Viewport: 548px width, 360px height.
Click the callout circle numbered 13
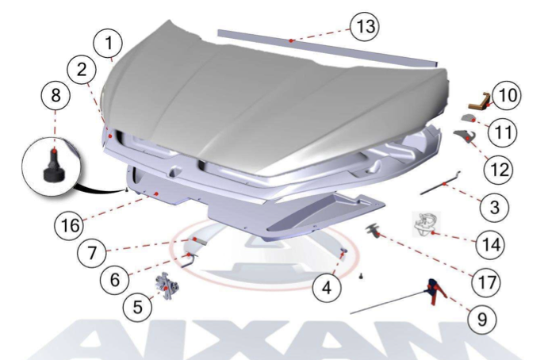[365, 26]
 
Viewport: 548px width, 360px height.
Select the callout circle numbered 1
[109, 43]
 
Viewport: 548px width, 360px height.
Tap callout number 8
[56, 95]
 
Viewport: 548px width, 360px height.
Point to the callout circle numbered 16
[69, 225]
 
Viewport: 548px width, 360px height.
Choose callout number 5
[138, 307]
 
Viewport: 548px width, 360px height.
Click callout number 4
[327, 289]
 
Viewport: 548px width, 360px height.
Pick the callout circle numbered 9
[482, 319]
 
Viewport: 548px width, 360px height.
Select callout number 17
[486, 282]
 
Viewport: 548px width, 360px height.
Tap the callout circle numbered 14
[491, 245]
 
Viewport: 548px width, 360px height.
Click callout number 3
[495, 207]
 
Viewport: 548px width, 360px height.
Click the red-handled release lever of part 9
[435, 291]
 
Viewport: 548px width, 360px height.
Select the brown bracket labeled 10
[481, 101]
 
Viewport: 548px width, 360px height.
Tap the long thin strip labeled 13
[327, 48]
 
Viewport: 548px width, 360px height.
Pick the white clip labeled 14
[426, 224]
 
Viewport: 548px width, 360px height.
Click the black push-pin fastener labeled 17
[374, 231]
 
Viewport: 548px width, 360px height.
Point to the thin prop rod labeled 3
[440, 183]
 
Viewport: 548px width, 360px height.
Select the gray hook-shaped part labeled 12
[466, 136]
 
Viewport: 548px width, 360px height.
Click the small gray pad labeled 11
[469, 118]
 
